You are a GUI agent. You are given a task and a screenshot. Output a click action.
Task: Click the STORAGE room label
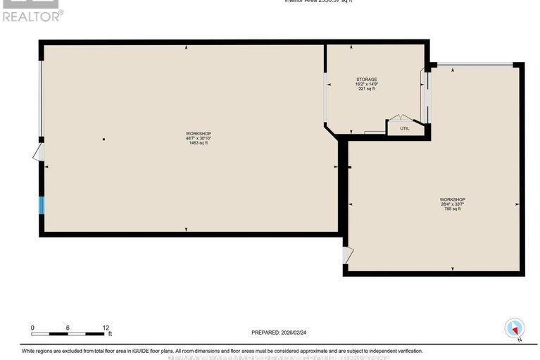point(365,79)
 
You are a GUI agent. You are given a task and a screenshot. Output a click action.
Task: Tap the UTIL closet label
point(404,128)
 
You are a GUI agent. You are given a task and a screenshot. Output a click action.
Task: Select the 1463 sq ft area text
point(198,143)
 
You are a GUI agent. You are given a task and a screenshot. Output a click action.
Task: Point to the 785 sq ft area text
point(451,209)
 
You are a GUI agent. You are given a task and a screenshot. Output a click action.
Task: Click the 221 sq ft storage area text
point(365,89)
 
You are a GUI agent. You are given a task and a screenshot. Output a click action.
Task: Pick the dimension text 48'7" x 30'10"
point(198,138)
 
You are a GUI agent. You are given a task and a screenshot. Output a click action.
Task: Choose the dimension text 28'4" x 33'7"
point(451,204)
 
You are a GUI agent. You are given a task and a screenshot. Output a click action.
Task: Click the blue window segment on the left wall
point(42,205)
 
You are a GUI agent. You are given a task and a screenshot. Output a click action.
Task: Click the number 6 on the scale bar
point(68,328)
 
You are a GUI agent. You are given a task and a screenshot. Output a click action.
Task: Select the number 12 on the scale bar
point(105,328)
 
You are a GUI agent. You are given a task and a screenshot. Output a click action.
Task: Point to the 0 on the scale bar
point(32,328)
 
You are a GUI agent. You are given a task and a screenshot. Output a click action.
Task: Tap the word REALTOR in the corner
point(31,15)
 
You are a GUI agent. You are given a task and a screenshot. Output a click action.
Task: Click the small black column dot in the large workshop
point(103,139)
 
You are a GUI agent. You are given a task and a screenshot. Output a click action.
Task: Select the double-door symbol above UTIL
point(399,119)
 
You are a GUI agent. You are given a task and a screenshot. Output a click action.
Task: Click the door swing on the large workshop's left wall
point(39,152)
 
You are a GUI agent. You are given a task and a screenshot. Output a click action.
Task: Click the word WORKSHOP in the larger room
point(198,133)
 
